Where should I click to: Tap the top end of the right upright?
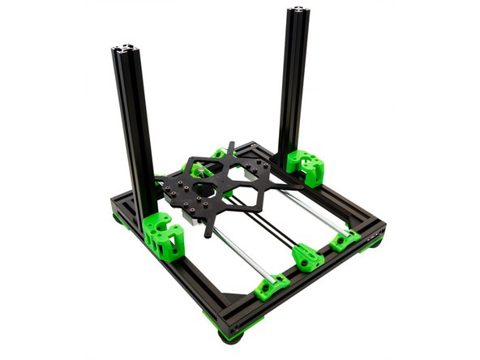299,12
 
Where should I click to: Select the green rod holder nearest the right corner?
344,239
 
